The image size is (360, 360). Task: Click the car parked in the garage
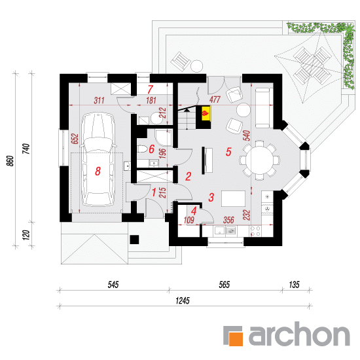(x=98, y=160)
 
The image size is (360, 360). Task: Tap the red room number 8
(x=98, y=171)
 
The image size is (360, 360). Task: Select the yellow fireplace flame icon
(x=205, y=113)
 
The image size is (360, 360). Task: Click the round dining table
(x=259, y=160)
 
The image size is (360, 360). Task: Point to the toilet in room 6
(x=142, y=149)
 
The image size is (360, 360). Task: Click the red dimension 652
(x=75, y=139)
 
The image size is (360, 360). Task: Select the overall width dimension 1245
(x=183, y=300)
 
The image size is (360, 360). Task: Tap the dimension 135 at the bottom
(x=294, y=285)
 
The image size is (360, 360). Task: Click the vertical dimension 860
(x=10, y=161)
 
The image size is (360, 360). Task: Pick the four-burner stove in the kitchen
(x=255, y=231)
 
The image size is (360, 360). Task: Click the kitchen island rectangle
(x=233, y=198)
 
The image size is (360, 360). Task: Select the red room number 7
(x=150, y=90)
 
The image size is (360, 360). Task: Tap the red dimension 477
(x=215, y=99)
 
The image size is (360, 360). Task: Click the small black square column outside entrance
(x=134, y=240)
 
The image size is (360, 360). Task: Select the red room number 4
(x=194, y=211)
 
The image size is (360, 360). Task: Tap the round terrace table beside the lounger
(x=197, y=66)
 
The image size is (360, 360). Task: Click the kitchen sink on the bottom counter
(x=219, y=231)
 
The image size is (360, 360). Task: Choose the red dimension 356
(x=228, y=220)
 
